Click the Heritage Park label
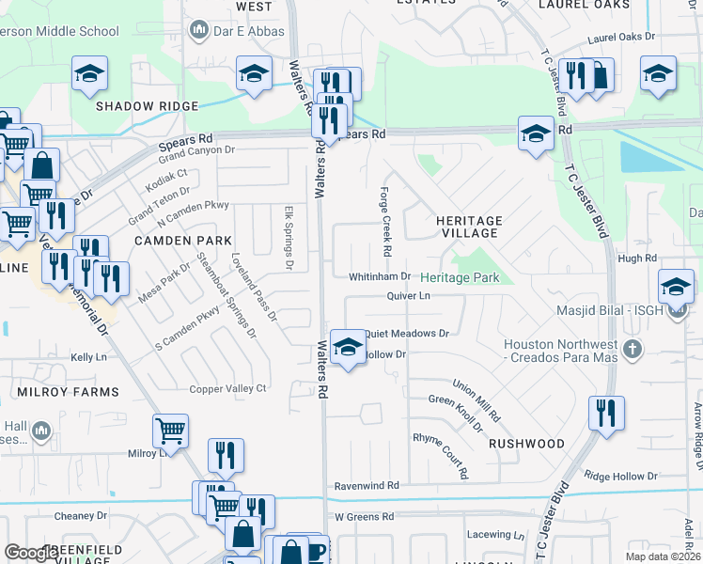tap(460, 277)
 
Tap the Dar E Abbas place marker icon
tap(198, 33)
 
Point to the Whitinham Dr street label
tap(380, 276)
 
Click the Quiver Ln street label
tap(408, 296)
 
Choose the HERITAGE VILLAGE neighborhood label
tap(469, 227)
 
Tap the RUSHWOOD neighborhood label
tap(526, 444)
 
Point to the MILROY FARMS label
tap(67, 391)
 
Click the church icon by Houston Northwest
tap(633, 351)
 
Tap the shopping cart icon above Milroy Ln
tap(170, 431)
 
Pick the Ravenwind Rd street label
tap(367, 486)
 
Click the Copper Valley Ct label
tap(228, 388)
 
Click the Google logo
tap(30, 553)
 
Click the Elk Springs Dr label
tap(289, 239)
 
